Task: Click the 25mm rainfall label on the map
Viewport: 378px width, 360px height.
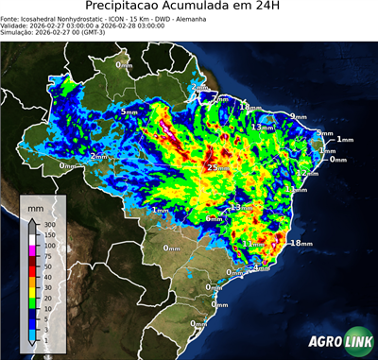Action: (x=218, y=167)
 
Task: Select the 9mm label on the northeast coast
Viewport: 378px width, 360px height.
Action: (x=298, y=116)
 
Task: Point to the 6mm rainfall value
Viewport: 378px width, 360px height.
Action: (x=215, y=219)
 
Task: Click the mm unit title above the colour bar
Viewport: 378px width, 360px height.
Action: (x=35, y=206)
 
